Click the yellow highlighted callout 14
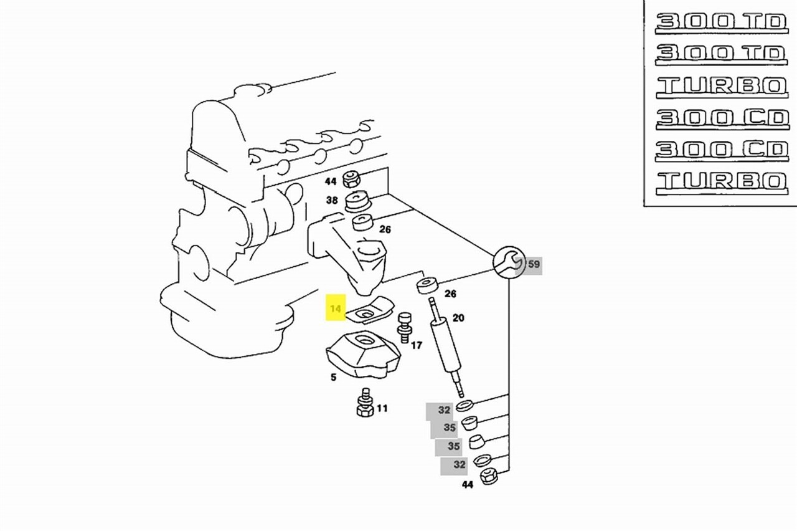click(336, 309)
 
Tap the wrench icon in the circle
click(509, 262)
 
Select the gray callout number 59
click(534, 264)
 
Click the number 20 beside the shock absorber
click(458, 318)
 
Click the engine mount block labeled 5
click(363, 355)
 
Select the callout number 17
click(417, 345)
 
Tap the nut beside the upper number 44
click(351, 178)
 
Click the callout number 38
click(332, 201)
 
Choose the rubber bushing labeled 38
click(357, 203)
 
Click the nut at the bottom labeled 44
click(489, 476)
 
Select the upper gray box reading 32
click(443, 410)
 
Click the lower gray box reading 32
click(458, 465)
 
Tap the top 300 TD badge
click(721, 22)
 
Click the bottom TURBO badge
click(721, 181)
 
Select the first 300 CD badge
click(721, 117)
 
